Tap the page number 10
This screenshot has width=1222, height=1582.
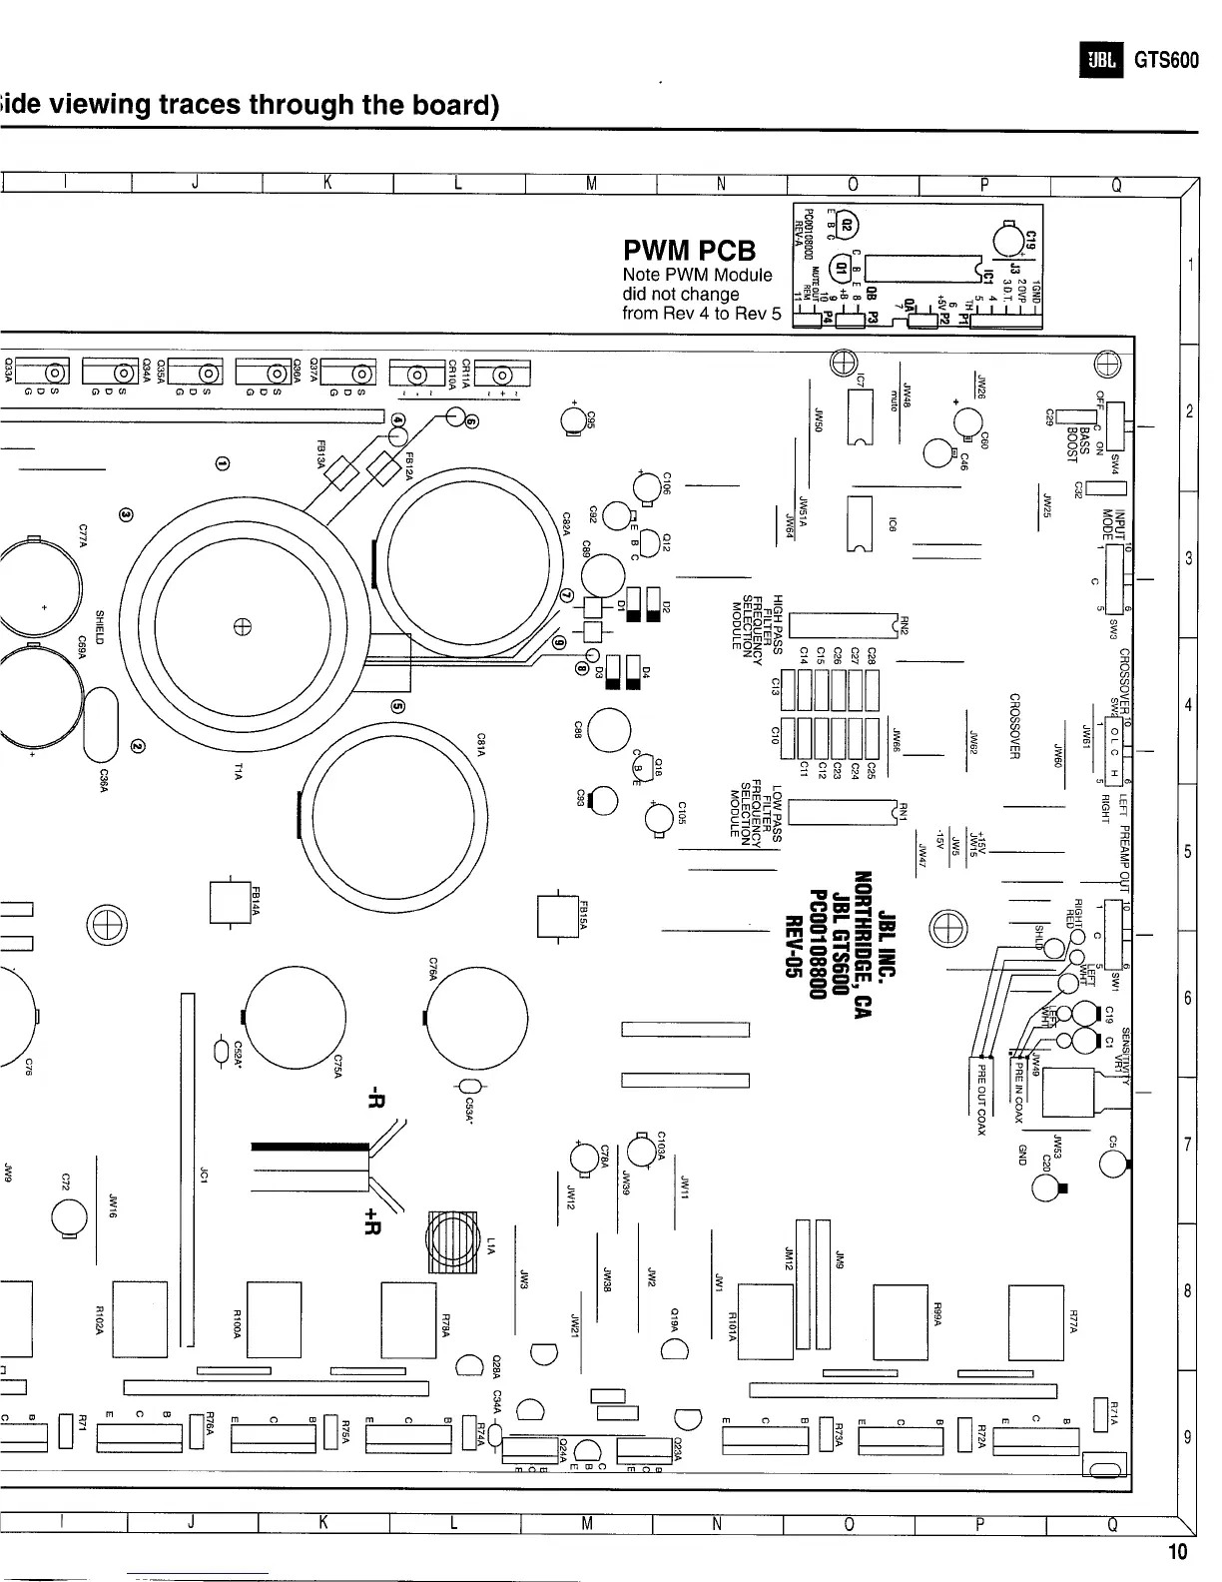pos(1178,1551)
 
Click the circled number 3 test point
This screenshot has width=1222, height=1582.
pos(127,513)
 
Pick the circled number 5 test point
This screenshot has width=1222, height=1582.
pos(397,706)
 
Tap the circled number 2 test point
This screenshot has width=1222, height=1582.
pos(138,744)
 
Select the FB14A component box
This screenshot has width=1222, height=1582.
pos(229,903)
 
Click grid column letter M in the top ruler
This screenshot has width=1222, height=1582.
pos(591,183)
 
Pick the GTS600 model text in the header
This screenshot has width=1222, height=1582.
pos(1165,60)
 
